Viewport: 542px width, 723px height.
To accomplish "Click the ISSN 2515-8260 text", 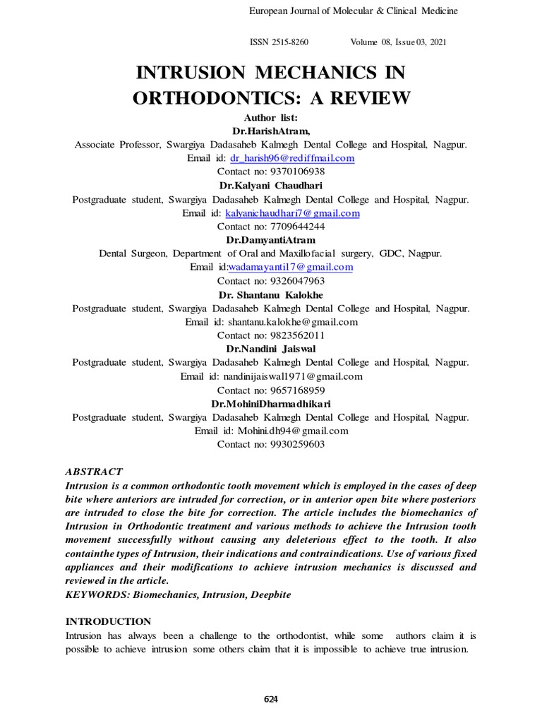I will [279, 42].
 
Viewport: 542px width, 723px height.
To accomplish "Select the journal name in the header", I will [354, 11].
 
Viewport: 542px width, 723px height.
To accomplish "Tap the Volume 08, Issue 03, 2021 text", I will [398, 42].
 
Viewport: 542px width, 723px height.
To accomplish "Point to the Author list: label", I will [271, 118].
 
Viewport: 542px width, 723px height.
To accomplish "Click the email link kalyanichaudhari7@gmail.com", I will [292, 213].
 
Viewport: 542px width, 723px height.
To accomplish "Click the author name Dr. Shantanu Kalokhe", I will [271, 294].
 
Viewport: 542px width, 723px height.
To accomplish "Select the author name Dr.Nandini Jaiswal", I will [271, 349].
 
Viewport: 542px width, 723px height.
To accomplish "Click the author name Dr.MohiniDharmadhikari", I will [271, 403].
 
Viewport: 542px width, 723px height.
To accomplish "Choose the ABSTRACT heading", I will [94, 472].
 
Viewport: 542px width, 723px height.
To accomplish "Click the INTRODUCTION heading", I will [108, 621].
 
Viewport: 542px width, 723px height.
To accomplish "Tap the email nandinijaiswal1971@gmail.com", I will [292, 376].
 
